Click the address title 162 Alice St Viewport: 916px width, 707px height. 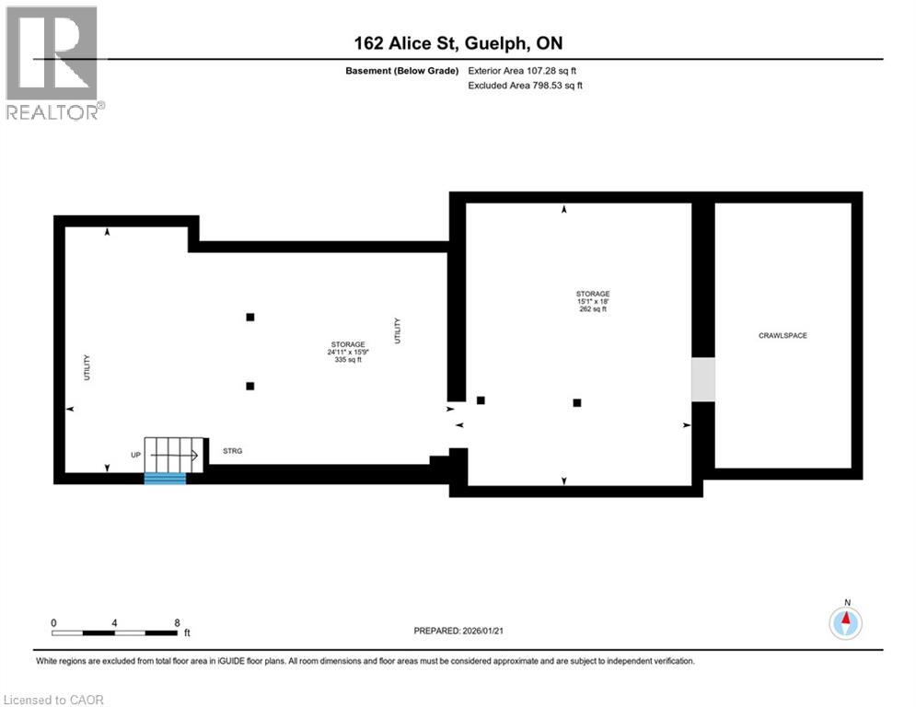[458, 43]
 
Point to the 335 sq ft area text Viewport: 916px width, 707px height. [348, 360]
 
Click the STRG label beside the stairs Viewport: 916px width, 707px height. [233, 451]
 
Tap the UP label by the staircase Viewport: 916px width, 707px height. [135, 456]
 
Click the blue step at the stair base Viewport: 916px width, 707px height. [166, 478]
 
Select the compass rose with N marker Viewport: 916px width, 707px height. [844, 623]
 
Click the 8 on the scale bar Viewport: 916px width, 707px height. [177, 622]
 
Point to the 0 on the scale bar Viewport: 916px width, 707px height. [54, 622]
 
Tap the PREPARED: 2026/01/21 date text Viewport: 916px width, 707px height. [458, 631]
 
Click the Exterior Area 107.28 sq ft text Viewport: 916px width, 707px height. [522, 70]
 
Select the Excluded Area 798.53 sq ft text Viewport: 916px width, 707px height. [525, 85]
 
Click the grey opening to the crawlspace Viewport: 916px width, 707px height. [702, 379]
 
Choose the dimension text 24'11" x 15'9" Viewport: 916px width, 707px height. [348, 352]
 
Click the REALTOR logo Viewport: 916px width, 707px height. [53, 63]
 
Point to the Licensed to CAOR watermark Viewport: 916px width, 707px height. [55, 700]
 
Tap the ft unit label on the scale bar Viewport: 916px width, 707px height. [187, 633]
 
